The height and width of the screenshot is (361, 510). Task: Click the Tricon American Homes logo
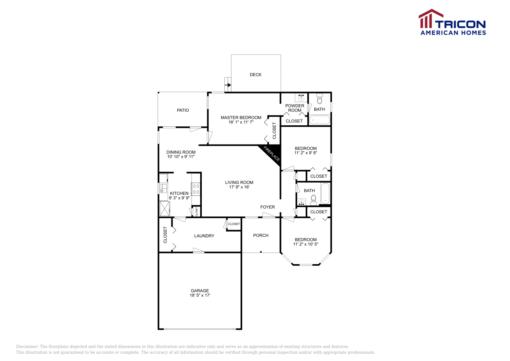(452, 22)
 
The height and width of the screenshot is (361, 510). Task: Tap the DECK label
(255, 75)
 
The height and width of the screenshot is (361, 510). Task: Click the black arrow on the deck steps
(229, 85)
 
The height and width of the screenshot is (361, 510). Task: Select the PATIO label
(183, 110)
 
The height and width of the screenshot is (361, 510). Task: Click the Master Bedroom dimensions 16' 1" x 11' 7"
(241, 122)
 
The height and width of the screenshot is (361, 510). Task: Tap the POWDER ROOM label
(295, 108)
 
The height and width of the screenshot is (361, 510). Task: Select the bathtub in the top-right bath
(320, 120)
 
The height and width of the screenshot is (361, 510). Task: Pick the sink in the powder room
(301, 98)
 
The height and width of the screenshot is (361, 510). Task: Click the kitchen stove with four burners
(196, 189)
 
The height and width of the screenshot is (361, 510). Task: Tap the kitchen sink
(163, 188)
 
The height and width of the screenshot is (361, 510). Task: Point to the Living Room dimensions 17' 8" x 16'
(239, 187)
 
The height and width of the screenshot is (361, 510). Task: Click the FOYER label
(267, 207)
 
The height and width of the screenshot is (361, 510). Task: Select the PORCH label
(261, 235)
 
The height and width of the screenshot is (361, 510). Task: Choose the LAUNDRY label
(204, 236)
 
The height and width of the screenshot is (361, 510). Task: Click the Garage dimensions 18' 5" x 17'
(200, 295)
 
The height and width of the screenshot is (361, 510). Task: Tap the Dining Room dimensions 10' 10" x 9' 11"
(181, 157)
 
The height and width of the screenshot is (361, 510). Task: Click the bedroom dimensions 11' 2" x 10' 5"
(306, 244)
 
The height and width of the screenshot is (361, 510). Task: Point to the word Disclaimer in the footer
(27, 347)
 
